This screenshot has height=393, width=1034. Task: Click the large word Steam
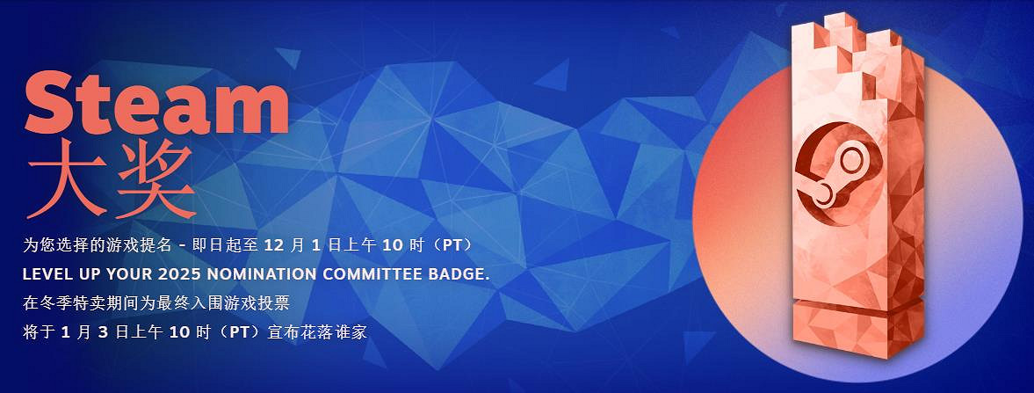158,101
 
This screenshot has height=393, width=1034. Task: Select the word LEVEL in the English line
47,273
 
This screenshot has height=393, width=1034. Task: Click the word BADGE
455,273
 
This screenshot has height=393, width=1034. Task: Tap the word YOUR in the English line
125,273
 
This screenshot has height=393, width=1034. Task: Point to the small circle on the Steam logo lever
850,160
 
